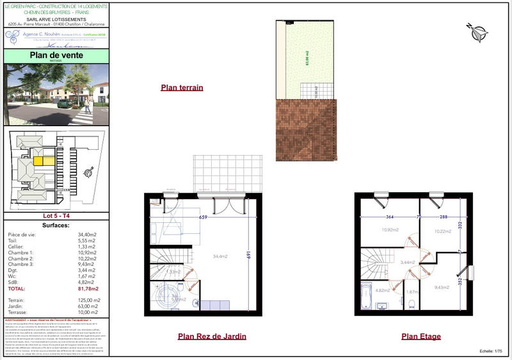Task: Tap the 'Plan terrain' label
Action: coord(182,88)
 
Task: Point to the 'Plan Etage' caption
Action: coord(420,336)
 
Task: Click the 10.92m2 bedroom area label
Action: coord(390,230)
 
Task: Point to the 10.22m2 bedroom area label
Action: coord(443,231)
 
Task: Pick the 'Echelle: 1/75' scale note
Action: coord(491,352)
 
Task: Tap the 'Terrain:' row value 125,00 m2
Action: coord(89,300)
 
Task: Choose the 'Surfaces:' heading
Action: coord(56,226)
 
